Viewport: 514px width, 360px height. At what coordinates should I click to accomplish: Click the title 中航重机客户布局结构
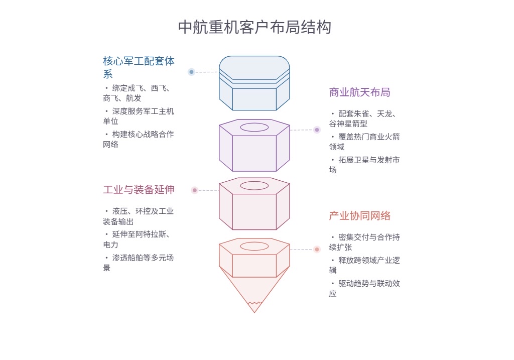pos(254,27)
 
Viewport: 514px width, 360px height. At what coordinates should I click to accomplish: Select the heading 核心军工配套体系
pos(139,67)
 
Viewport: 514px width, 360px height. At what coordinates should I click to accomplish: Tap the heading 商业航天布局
pos(359,92)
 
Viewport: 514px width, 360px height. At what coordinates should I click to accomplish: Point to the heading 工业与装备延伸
pos(139,190)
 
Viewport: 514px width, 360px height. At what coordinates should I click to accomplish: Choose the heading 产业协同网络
pos(359,216)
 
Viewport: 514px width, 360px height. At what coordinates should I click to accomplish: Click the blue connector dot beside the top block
pos(191,72)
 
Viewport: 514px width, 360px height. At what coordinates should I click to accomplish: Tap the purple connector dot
pos(317,130)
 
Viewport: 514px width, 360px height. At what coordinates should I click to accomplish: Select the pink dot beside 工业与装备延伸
pos(195,190)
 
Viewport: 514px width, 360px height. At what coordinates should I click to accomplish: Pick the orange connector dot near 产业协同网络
pos(317,249)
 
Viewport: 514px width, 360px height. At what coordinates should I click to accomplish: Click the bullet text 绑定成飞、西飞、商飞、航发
pos(139,93)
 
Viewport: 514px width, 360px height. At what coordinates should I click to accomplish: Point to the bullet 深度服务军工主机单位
pos(139,116)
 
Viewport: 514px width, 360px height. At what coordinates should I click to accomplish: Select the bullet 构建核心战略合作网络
pos(139,139)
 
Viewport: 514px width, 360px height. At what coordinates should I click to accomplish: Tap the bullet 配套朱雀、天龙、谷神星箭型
pos(364,118)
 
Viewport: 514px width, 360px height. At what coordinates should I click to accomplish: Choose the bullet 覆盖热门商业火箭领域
pos(364,142)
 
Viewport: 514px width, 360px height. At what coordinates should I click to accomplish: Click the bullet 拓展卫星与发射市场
pos(364,165)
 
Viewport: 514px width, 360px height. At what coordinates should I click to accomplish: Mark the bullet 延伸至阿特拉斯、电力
pos(139,239)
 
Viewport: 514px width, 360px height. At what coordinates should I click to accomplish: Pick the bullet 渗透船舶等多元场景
pos(139,263)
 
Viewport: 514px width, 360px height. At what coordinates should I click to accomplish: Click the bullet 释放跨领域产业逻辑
pos(364,265)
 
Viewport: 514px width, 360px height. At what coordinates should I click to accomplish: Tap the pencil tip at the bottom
pos(254,307)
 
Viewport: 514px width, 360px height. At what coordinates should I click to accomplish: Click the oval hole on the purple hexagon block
pos(254,127)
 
